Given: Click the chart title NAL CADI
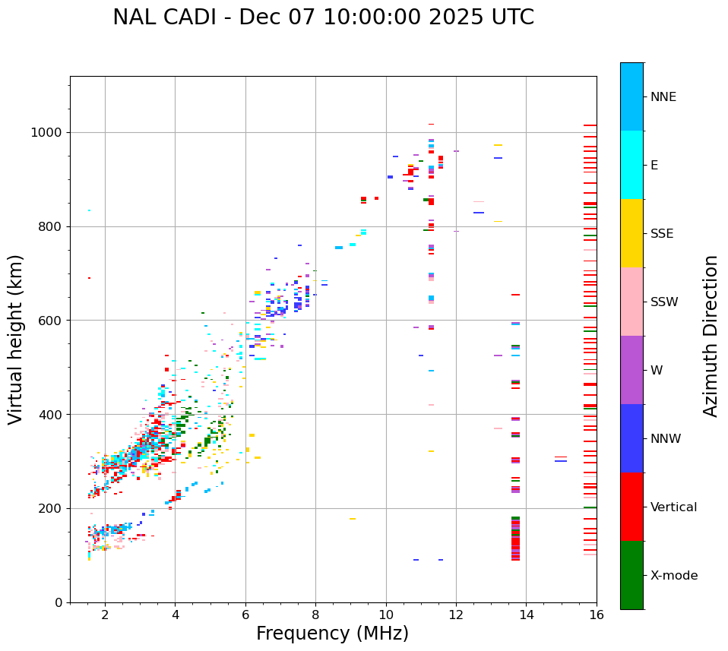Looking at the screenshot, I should [x=323, y=17].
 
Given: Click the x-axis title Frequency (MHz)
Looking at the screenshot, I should [x=332, y=634].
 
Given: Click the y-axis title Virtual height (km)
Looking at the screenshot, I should [x=16, y=339].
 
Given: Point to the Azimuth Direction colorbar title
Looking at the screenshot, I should [x=711, y=336].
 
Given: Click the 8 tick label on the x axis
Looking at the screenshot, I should [x=315, y=615].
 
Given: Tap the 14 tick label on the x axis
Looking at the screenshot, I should [x=526, y=615].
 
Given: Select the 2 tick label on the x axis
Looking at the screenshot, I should [x=105, y=615].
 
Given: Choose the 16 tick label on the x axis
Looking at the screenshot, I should [x=596, y=615].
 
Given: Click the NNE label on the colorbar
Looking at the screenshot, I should [x=663, y=97].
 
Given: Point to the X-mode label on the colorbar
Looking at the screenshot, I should [x=673, y=576].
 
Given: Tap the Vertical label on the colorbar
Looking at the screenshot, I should [x=673, y=507].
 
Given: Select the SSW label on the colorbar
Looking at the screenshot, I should [x=664, y=302].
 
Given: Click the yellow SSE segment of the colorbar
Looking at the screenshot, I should [x=631, y=233].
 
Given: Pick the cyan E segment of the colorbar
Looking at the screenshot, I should [x=631, y=165].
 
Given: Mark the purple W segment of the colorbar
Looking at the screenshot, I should [x=631, y=370].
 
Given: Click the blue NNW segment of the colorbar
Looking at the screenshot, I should [x=631, y=438].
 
